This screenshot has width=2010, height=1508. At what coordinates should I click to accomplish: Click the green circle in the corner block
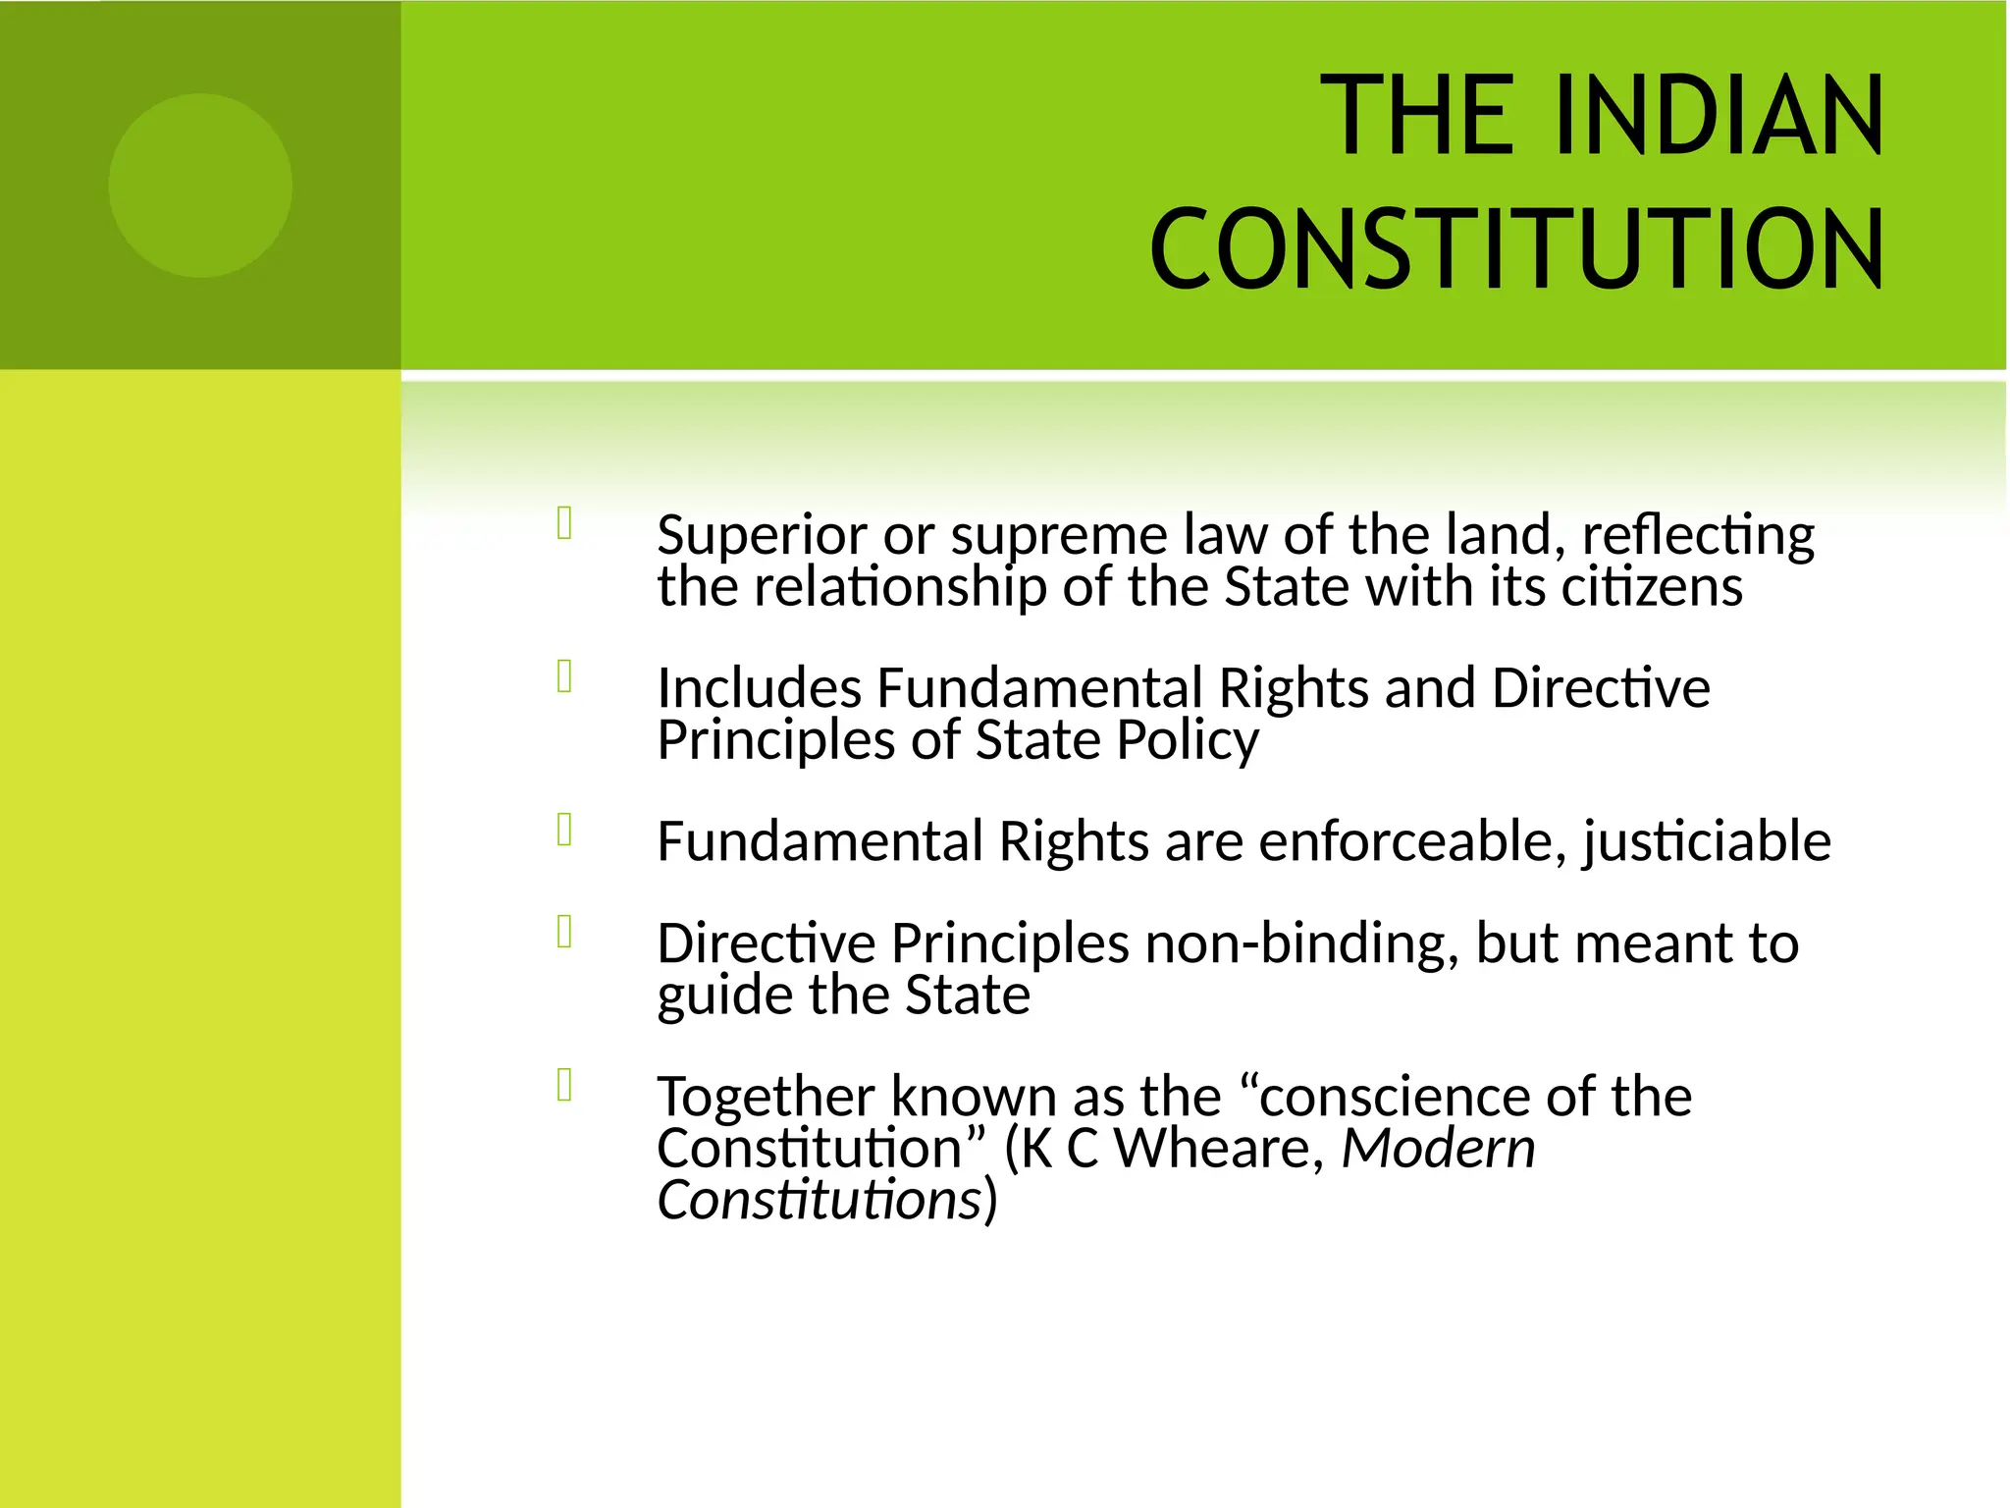coord(200,186)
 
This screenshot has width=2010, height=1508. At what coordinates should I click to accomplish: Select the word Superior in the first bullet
coord(762,535)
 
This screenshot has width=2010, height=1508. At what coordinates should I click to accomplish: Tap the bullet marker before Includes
coord(564,675)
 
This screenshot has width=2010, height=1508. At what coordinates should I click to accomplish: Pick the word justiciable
coord(1706,841)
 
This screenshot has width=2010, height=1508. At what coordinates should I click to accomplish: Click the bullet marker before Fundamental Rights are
coord(564,830)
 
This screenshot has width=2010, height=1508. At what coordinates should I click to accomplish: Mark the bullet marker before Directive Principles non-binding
coord(564,931)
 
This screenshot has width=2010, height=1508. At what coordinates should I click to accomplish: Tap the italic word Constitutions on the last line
coord(820,1200)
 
